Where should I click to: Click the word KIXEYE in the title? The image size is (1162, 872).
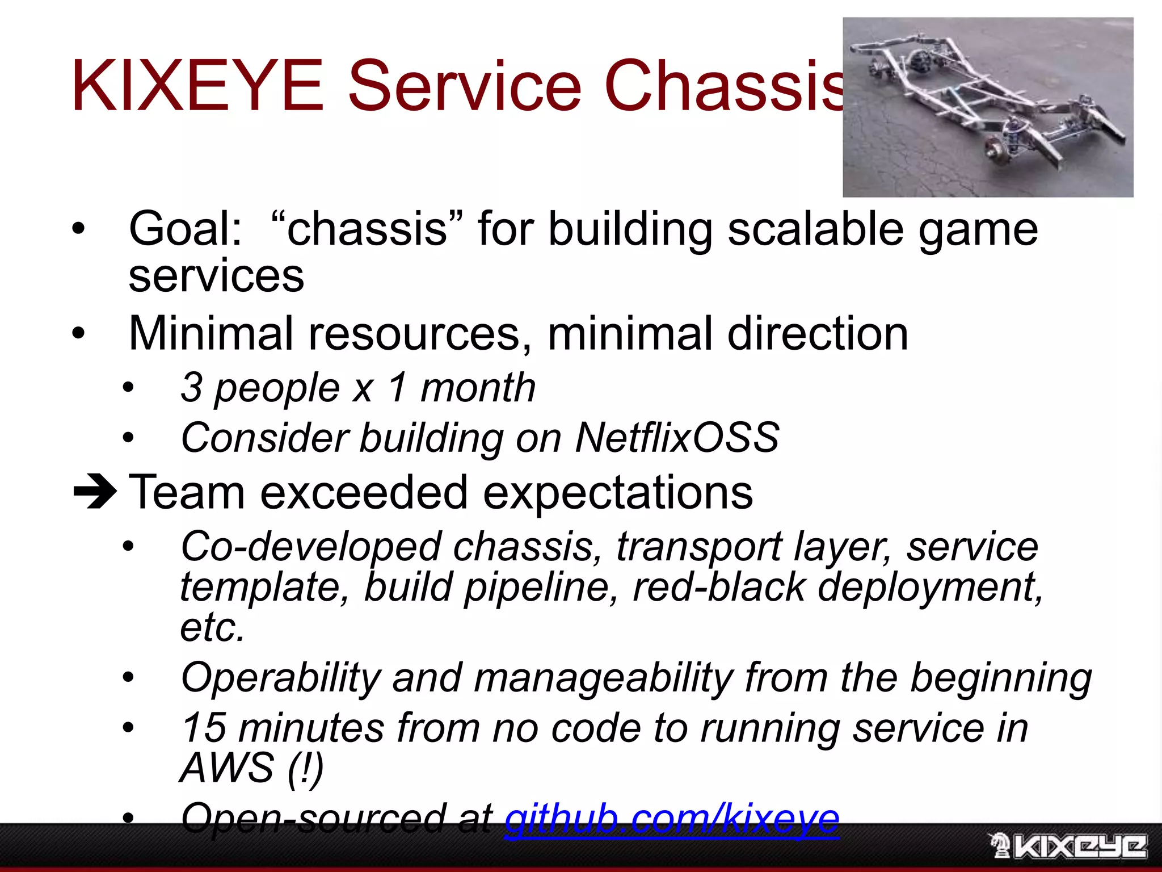coord(197,86)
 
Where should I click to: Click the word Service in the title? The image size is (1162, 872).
coord(464,86)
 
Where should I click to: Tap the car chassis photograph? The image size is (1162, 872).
coord(987,107)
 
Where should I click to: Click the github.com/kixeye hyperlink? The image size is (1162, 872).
coord(671,819)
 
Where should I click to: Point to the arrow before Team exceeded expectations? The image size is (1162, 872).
coord(94,492)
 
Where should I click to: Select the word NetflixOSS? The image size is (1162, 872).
coord(677,438)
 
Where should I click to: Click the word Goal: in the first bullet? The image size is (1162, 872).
coord(186,229)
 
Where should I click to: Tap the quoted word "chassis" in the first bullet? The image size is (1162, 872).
coord(367,229)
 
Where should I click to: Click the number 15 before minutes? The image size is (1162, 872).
coord(204,728)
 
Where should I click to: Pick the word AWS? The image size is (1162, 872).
coord(227,768)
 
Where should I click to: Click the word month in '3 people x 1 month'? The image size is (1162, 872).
coord(478,388)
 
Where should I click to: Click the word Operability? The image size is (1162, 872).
coord(280,678)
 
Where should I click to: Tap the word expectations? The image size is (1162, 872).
coord(618,493)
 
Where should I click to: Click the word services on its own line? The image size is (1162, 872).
coord(216,276)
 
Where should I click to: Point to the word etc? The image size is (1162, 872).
coord(212,627)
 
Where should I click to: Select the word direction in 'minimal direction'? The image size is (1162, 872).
coord(818,334)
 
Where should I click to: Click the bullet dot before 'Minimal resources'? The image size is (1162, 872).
coord(78,333)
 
